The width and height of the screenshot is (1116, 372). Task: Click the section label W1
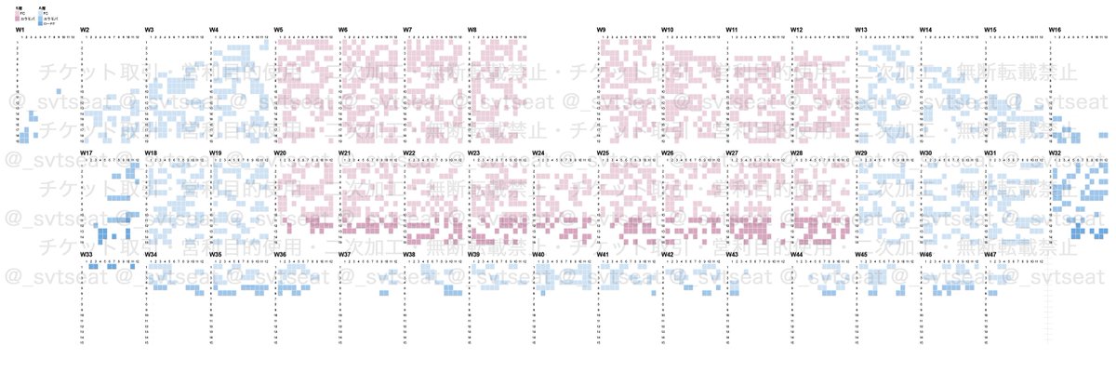[20, 30]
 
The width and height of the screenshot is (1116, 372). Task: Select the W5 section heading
[279, 30]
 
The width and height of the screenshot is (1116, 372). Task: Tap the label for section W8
[472, 30]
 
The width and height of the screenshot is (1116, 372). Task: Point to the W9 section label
[602, 30]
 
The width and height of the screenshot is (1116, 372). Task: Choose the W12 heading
[797, 30]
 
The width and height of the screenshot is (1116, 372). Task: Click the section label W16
[1056, 30]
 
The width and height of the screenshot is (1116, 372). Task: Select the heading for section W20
[280, 153]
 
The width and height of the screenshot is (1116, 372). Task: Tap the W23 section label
[473, 153]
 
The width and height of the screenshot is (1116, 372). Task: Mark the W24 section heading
[538, 153]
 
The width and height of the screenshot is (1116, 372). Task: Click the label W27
[732, 153]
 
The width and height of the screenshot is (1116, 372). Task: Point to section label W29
[861, 153]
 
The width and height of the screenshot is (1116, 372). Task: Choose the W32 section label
[1056, 153]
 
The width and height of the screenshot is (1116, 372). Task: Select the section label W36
[280, 254]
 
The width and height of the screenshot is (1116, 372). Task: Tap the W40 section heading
[538, 254]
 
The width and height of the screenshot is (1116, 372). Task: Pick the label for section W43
[732, 254]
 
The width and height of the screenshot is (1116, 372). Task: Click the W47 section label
[990, 254]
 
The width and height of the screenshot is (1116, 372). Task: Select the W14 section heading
[926, 30]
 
